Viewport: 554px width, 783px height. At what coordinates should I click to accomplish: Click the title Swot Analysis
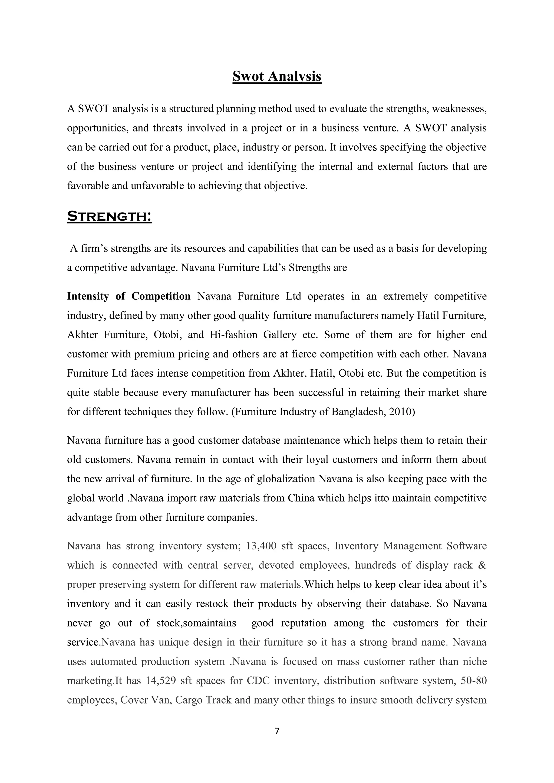pos(277,76)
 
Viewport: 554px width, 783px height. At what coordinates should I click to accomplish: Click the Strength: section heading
pos(109,216)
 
